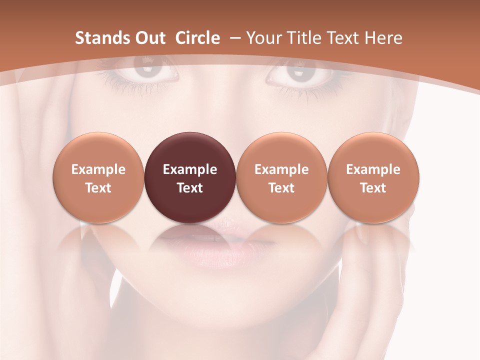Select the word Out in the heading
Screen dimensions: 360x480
click(149, 38)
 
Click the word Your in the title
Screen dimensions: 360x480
click(264, 38)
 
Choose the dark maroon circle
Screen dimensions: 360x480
click(190, 177)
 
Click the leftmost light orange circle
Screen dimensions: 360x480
click(98, 177)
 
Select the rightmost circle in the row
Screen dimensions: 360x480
click(373, 177)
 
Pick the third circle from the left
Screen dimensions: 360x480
click(281, 177)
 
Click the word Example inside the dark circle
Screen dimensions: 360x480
click(190, 169)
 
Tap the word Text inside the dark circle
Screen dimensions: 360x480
click(190, 188)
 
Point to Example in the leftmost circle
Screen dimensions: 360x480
click(98, 169)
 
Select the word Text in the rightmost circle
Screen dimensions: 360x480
click(373, 188)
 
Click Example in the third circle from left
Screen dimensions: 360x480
click(281, 169)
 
